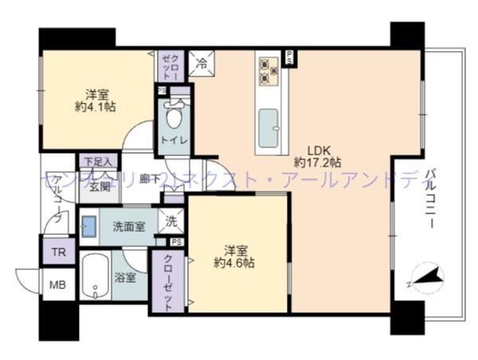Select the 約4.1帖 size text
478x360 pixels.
click(95, 106)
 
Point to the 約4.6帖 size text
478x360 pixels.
click(238, 261)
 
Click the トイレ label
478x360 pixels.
click(173, 141)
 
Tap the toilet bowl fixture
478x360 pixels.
click(174, 115)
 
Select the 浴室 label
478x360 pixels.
click(126, 278)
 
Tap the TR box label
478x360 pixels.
click(59, 253)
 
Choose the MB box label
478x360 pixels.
click(58, 284)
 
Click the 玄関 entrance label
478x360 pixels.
click(99, 187)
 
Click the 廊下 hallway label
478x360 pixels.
click(149, 180)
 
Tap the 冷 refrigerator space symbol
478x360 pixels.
click(202, 61)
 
